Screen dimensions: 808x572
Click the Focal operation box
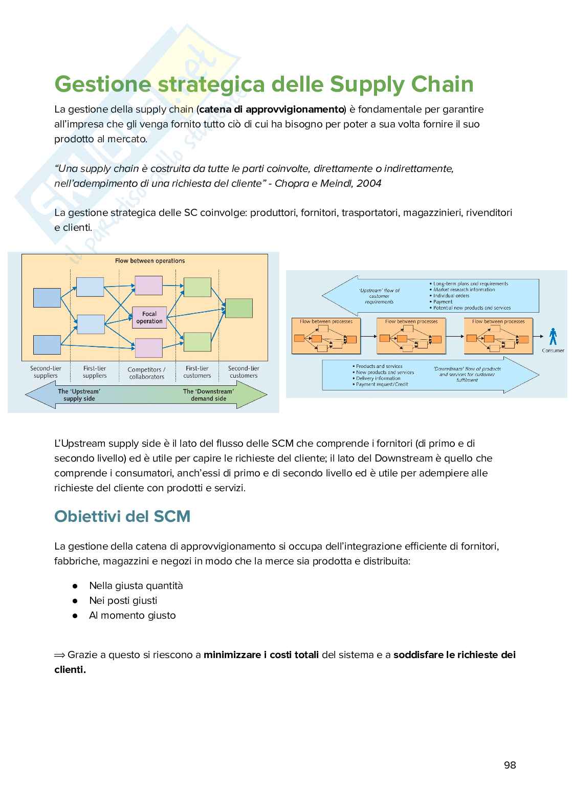[149, 318]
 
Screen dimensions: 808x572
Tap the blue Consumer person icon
[553, 337]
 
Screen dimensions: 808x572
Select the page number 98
[510, 765]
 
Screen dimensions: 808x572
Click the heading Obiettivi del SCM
[122, 516]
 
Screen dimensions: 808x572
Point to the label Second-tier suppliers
[46, 372]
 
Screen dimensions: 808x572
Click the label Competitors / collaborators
[146, 373]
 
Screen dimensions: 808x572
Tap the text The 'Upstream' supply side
[79, 395]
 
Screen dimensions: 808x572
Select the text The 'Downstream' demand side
[208, 395]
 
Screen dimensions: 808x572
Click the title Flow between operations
[150, 261]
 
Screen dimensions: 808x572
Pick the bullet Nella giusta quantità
[136, 585]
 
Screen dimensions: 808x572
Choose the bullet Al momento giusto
[132, 615]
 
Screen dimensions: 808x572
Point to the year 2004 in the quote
[369, 183]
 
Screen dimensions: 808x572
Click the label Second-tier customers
[244, 372]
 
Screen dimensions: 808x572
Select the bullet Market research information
[464, 290]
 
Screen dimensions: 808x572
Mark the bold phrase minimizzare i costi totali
[261, 654]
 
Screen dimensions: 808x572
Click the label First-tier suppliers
[95, 372]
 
